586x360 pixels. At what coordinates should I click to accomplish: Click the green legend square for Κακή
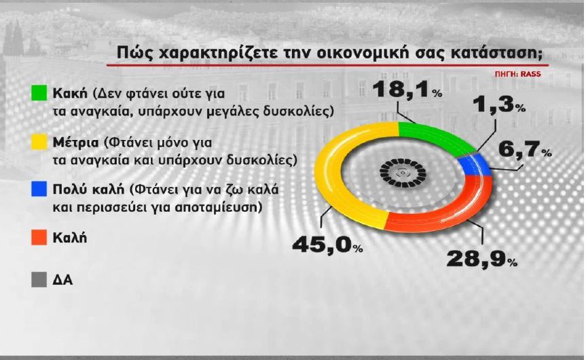click(38, 92)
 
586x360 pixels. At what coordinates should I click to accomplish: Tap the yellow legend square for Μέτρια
click(38, 141)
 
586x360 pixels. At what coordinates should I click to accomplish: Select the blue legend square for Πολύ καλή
click(38, 189)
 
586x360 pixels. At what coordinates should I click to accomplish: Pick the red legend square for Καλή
click(38, 238)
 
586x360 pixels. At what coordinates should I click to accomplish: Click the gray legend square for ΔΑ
click(38, 279)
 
